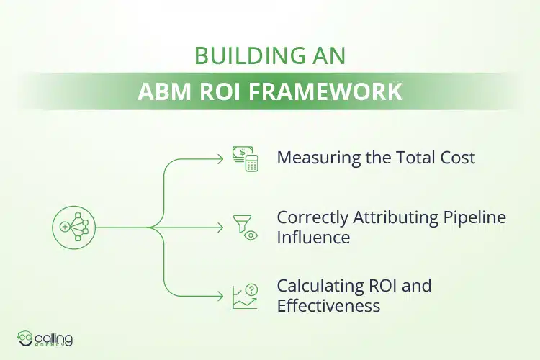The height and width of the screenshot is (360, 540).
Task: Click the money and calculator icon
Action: (245, 158)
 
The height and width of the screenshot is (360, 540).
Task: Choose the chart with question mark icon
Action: (245, 296)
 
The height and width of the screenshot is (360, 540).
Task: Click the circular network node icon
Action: (73, 227)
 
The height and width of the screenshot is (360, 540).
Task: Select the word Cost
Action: (456, 158)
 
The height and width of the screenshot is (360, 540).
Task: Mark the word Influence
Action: (313, 236)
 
